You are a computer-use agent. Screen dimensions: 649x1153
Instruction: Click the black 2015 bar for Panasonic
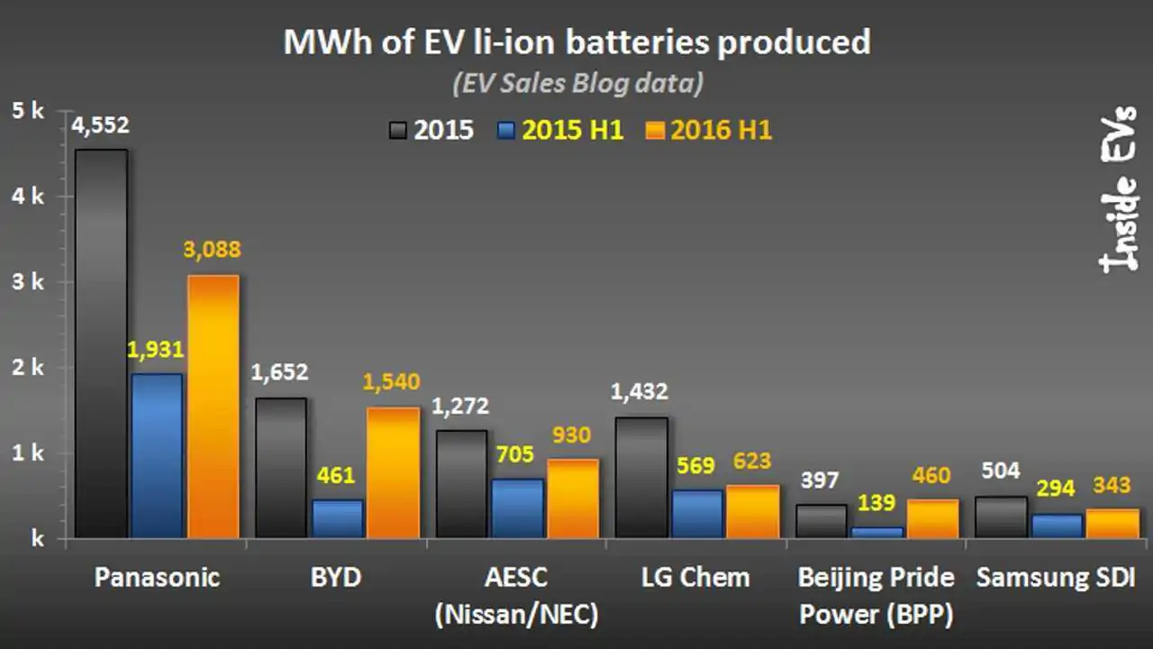(x=101, y=343)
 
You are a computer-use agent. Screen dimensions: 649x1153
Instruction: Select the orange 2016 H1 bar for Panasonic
(x=213, y=407)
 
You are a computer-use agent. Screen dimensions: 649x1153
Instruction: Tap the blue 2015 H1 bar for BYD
(x=337, y=518)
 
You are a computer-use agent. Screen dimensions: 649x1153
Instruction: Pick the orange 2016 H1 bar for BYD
(x=394, y=472)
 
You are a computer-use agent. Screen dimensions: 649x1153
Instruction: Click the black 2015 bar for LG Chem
(x=640, y=477)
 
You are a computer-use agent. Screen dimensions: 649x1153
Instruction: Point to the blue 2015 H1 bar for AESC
(x=517, y=508)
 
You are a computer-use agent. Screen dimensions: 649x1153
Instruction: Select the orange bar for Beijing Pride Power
(x=933, y=518)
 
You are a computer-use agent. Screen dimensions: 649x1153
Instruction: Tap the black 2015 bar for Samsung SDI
(x=1001, y=516)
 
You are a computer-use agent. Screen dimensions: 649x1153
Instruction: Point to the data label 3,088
(x=213, y=250)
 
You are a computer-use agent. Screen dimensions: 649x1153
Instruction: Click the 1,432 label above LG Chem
(x=640, y=392)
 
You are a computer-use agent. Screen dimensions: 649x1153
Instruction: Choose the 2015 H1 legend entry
(x=560, y=131)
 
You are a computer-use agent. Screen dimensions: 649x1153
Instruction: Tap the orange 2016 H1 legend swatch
(x=656, y=131)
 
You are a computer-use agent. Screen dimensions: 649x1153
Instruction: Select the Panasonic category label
(x=157, y=577)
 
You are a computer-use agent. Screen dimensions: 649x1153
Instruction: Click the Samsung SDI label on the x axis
(x=1056, y=577)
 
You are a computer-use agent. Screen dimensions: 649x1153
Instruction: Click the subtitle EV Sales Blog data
(x=576, y=84)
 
